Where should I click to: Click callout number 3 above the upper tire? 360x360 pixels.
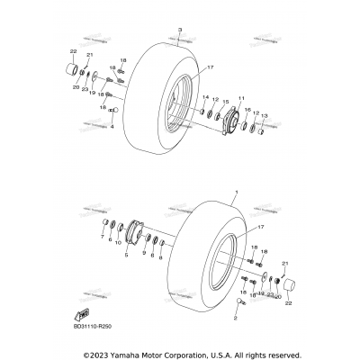click(x=179, y=31)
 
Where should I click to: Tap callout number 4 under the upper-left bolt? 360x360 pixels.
click(x=112, y=139)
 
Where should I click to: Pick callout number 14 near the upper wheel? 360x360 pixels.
click(x=205, y=96)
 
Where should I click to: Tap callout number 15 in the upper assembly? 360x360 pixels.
click(x=225, y=102)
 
